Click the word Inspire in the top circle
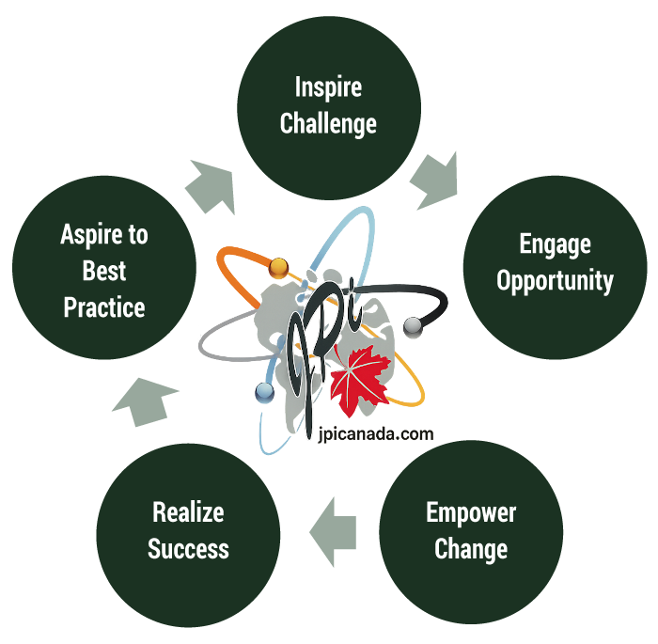(x=328, y=88)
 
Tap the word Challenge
(x=328, y=123)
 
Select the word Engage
(x=555, y=244)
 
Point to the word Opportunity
(x=555, y=280)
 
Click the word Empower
(x=471, y=513)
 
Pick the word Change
(x=471, y=549)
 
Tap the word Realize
(x=188, y=513)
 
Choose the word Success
(x=188, y=549)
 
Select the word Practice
(x=104, y=307)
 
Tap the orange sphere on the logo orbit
(x=277, y=269)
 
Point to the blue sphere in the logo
(x=263, y=389)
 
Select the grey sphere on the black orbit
(x=411, y=325)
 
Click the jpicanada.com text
(x=369, y=434)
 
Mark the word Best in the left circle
(x=104, y=272)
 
